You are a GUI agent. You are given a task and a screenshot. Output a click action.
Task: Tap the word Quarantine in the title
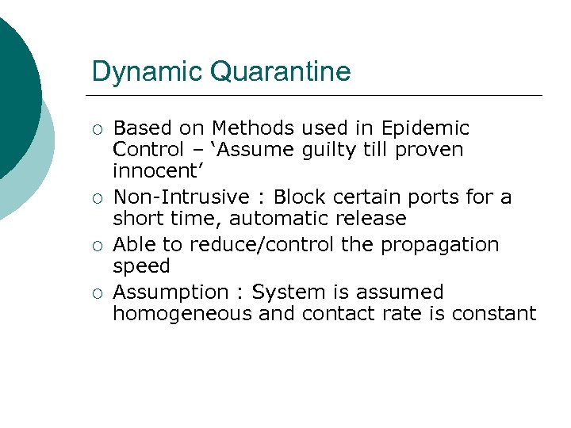tap(280, 72)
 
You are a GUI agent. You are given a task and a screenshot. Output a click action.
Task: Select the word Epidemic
tap(426, 128)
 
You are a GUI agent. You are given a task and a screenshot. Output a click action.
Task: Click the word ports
tap(443, 197)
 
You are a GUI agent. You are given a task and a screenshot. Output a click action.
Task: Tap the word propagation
tap(440, 246)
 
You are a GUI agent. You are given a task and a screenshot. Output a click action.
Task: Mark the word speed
tap(141, 266)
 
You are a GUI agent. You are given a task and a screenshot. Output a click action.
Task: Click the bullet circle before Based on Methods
tap(97, 129)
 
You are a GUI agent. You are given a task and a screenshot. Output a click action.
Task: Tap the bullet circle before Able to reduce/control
tap(97, 246)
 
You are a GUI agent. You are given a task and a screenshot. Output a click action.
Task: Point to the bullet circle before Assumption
tap(97, 293)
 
